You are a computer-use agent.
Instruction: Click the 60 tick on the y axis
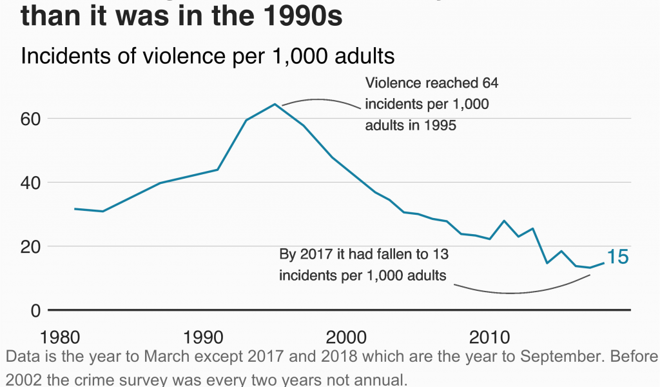30,119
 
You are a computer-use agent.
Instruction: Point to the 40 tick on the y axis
30,183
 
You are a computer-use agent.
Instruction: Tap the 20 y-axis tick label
30,246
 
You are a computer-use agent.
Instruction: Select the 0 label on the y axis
35,310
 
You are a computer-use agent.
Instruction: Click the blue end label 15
617,257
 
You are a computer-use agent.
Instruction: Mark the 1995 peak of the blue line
275,104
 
